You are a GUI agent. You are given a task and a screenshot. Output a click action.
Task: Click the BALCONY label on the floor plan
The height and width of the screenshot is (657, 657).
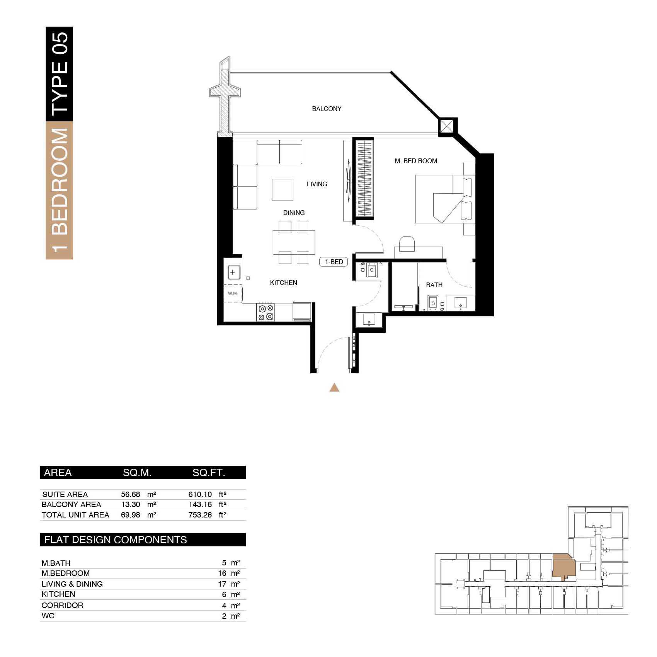click(x=327, y=109)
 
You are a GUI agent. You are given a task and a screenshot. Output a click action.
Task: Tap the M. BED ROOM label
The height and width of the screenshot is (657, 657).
click(x=416, y=161)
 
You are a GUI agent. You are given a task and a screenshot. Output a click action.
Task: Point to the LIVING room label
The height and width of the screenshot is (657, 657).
click(x=317, y=184)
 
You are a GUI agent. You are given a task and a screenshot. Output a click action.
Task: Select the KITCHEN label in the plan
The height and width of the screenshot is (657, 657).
click(x=283, y=283)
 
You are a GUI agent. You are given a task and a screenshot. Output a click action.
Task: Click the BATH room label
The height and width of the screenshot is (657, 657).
click(x=434, y=285)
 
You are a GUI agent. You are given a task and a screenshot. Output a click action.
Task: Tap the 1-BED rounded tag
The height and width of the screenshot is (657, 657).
click(x=334, y=262)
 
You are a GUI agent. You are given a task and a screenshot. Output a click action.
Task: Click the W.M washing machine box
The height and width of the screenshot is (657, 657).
click(x=233, y=294)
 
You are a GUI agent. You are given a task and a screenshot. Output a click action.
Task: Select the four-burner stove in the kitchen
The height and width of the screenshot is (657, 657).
click(x=266, y=312)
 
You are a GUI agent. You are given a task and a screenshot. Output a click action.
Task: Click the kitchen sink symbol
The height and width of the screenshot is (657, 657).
click(x=233, y=272)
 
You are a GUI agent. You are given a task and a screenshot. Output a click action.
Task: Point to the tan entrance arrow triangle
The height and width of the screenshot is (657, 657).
click(x=334, y=387)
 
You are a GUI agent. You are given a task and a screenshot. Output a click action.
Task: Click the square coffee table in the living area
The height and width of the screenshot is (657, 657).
click(x=283, y=189)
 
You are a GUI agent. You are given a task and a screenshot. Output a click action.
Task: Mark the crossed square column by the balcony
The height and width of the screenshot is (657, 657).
click(x=448, y=127)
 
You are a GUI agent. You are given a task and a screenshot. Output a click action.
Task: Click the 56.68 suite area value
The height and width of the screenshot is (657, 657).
click(x=131, y=494)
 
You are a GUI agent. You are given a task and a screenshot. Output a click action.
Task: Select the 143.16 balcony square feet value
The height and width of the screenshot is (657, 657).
click(x=200, y=504)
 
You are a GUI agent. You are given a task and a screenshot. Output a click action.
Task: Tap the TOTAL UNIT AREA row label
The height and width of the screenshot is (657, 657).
click(x=75, y=515)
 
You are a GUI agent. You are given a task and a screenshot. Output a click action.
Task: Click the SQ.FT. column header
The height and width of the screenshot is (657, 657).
click(x=209, y=472)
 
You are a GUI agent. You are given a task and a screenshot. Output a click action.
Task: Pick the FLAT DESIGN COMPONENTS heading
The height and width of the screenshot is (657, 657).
click(x=116, y=540)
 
